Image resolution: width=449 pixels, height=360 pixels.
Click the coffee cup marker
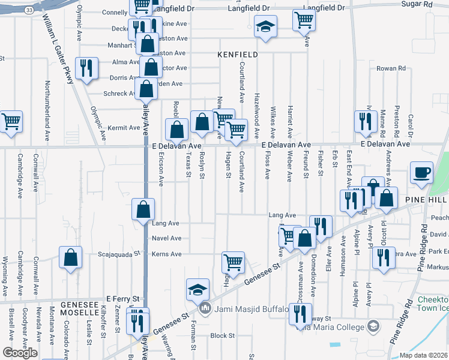(x=421, y=172)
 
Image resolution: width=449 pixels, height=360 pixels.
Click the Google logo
(x=20, y=353)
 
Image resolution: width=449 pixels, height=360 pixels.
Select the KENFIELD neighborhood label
(x=238, y=55)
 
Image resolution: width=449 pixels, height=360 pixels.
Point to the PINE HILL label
(x=426, y=199)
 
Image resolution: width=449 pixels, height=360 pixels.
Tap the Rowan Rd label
(x=391, y=68)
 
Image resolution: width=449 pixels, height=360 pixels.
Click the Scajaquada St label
(x=119, y=254)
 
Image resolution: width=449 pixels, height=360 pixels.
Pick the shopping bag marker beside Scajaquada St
(x=71, y=258)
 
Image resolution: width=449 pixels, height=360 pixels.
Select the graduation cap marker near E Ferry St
(x=197, y=290)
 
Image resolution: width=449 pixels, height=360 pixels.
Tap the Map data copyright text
(x=423, y=355)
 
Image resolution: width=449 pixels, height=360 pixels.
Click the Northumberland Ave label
(x=47, y=112)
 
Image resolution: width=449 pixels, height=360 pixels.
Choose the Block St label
(x=222, y=336)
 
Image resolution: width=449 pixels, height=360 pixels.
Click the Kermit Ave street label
(x=124, y=128)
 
